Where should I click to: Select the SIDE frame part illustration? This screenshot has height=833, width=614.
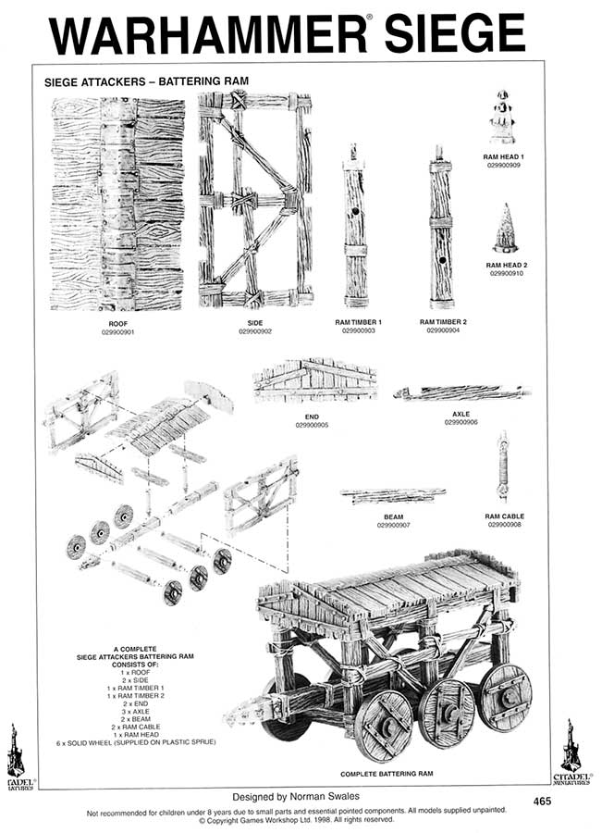point(254,199)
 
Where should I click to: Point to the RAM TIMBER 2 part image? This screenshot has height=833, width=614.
point(440,227)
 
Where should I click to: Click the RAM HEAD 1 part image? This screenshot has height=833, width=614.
point(502,118)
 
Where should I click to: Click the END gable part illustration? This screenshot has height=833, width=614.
point(314,380)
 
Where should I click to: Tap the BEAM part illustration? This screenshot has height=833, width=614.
point(392,495)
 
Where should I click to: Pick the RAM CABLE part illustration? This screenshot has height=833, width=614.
point(502,466)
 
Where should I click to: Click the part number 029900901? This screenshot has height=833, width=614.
point(117,331)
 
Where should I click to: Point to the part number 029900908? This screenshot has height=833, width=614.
point(504,524)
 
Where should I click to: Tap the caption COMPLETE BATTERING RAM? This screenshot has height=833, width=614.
point(386,773)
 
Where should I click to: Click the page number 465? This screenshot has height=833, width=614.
point(545,801)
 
